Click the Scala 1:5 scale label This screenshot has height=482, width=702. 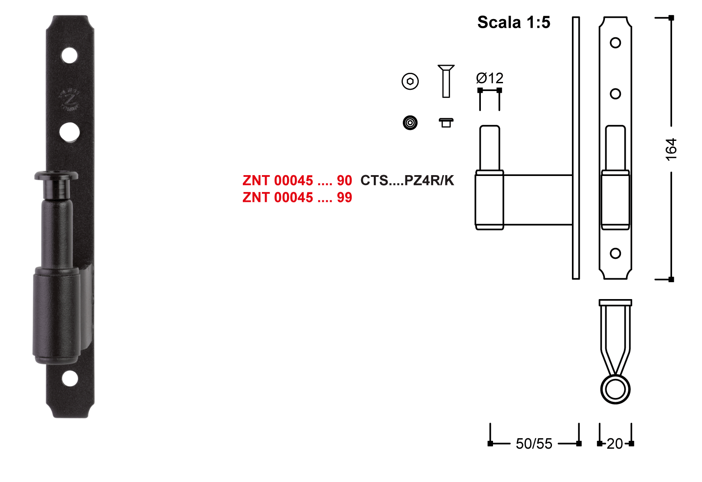click(514, 23)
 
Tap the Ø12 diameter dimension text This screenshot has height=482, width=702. click(490, 78)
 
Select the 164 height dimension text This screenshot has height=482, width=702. click(671, 150)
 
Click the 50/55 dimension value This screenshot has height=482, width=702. click(534, 444)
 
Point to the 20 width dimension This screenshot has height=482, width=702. click(615, 444)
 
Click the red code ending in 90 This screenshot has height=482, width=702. click(297, 180)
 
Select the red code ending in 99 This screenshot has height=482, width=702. click(297, 197)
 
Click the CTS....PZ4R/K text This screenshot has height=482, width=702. click(407, 180)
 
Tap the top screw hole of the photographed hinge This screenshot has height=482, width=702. click(69, 56)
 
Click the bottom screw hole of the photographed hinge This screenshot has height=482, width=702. click(70, 379)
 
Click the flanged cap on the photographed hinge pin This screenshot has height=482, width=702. click(56, 176)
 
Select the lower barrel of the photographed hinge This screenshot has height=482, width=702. click(56, 316)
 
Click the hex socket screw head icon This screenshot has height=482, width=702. click(410, 81)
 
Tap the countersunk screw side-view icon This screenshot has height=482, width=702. click(446, 81)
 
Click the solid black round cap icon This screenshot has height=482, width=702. click(410, 123)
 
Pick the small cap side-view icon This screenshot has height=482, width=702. click(446, 123)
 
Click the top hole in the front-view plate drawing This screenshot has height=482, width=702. click(616, 43)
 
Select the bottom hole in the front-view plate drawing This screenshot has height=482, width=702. click(616, 254)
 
